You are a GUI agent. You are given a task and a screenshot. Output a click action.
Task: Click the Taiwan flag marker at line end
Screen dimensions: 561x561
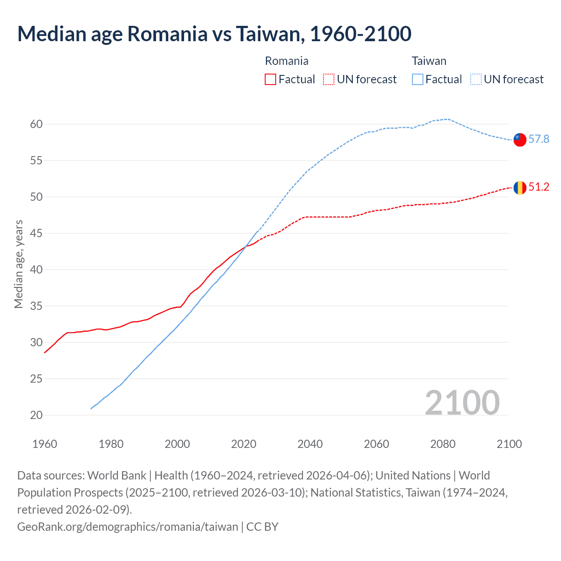click(520, 140)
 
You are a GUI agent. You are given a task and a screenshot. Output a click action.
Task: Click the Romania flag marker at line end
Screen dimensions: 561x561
click(520, 188)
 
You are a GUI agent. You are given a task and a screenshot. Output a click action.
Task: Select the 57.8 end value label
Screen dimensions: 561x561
click(539, 139)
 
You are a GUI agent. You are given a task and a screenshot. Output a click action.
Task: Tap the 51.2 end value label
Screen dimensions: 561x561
click(539, 187)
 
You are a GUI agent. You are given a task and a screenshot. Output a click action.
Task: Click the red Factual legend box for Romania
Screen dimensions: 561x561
click(270, 79)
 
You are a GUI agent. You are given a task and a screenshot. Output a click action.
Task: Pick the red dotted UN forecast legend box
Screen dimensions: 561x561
click(329, 79)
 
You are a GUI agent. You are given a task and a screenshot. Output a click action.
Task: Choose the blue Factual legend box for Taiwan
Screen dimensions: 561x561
click(418, 79)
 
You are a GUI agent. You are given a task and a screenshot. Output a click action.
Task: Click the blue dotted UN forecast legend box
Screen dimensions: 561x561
click(476, 79)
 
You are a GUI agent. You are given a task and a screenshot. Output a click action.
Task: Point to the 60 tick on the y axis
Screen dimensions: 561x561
click(36, 124)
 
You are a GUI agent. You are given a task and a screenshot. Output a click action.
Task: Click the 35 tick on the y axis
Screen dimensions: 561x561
click(36, 306)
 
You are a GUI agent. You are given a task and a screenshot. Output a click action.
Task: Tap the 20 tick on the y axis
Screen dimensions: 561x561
click(36, 415)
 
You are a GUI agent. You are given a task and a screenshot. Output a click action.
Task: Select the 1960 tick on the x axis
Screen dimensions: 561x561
click(45, 444)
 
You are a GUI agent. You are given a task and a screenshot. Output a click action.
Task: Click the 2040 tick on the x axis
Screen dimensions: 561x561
click(310, 444)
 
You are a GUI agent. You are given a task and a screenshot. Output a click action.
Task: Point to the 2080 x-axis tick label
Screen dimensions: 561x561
click(443, 444)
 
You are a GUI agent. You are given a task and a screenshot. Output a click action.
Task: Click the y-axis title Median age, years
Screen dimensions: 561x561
click(18, 264)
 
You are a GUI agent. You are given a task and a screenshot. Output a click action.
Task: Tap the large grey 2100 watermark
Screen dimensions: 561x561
click(462, 402)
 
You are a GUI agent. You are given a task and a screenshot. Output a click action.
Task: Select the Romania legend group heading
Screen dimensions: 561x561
click(287, 61)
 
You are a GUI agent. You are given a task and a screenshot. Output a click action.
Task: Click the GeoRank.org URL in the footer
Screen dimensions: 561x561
click(128, 526)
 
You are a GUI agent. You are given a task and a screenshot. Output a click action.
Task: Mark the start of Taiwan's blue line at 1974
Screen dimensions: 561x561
click(91, 408)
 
